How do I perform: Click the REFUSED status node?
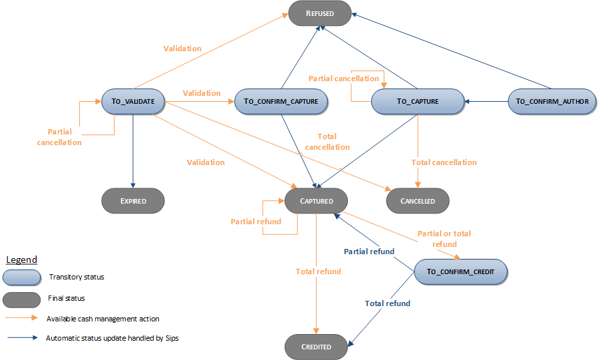pos(319,13)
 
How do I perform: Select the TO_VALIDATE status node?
pos(133,102)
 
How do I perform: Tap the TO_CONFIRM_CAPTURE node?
pos(281,102)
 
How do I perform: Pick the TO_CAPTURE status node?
pos(417,102)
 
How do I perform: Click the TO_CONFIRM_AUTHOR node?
pos(552,102)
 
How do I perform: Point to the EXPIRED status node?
pos(133,200)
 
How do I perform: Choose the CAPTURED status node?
pos(317,200)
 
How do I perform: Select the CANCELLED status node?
pos(418,200)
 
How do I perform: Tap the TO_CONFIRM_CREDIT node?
pos(460,271)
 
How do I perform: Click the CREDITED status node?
pos(317,347)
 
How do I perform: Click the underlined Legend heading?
pos(21,260)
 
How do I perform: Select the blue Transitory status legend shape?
pos(22,277)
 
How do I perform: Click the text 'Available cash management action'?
pos(102,319)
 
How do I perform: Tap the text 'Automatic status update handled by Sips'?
pos(112,338)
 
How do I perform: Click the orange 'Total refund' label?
pos(319,271)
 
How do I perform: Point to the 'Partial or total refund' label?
pos(444,239)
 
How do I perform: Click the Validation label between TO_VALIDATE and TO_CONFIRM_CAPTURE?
pos(202,93)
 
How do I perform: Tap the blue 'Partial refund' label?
pos(369,252)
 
